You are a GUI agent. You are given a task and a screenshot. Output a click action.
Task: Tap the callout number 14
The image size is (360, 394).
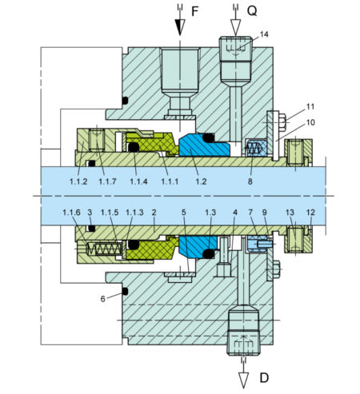click(x=265, y=35)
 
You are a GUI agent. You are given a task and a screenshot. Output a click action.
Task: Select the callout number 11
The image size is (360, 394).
click(x=310, y=106)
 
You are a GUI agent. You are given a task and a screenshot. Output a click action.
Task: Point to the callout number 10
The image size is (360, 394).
click(x=310, y=122)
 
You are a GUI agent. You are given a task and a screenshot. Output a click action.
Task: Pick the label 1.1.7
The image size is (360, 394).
click(x=108, y=182)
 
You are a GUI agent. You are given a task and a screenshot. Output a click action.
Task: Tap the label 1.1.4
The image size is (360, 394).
click(x=139, y=182)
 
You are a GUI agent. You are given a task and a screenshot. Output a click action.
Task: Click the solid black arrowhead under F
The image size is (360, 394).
click(x=178, y=28)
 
